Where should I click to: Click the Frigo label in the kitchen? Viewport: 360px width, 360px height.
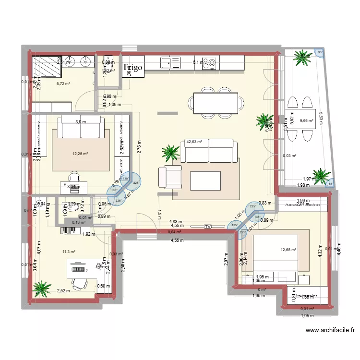pos(133,68)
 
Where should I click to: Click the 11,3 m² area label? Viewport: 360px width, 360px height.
pos(69,251)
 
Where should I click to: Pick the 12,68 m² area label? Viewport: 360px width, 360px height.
pos(288,250)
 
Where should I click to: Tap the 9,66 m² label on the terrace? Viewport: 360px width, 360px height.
pos(306,121)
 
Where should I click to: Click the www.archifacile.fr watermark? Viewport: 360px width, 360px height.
pos(330,330)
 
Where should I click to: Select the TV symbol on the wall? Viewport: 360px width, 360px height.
pos(207,226)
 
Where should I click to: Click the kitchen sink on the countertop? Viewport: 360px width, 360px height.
pos(170,62)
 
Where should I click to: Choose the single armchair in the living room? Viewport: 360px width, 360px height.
pos(170,177)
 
